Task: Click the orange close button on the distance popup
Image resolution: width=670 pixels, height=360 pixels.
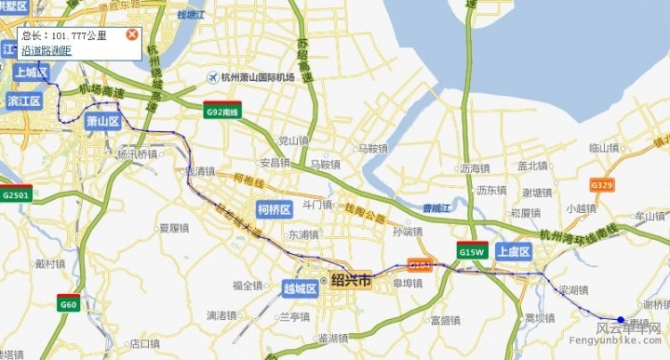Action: pyautogui.click(x=132, y=35)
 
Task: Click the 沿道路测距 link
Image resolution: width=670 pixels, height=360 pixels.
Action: pyautogui.click(x=47, y=50)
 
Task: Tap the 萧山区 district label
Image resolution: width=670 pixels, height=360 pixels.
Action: pyautogui.click(x=102, y=122)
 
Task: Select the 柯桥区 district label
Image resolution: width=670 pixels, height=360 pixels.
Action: pyautogui.click(x=275, y=208)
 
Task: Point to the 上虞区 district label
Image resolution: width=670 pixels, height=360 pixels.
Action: pyautogui.click(x=513, y=252)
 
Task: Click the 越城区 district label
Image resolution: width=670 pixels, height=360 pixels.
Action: pyautogui.click(x=300, y=288)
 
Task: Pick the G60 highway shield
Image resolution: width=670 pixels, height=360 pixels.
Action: pyautogui.click(x=68, y=304)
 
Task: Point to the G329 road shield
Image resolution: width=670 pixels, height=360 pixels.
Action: pyautogui.click(x=601, y=185)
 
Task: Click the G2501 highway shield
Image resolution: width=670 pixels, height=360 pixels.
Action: pyautogui.click(x=16, y=195)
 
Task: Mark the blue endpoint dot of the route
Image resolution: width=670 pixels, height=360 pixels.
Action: pyautogui.click(x=621, y=320)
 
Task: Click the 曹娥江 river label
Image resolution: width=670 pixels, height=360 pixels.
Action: pyautogui.click(x=435, y=208)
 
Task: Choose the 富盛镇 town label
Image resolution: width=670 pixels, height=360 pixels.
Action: pyautogui.click(x=444, y=321)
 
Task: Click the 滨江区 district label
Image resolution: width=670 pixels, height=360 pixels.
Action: pyautogui.click(x=23, y=100)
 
